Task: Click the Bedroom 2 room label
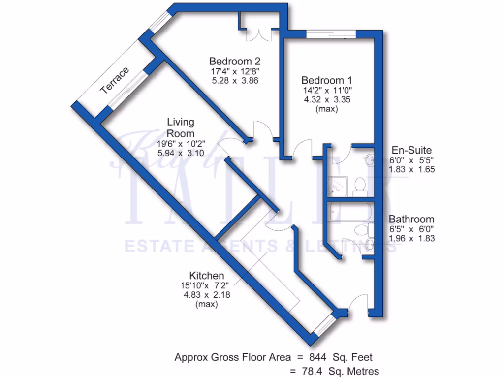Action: pos(234,62)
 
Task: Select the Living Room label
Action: pos(181,127)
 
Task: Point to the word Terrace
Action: pos(114,80)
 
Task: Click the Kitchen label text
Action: pos(207,276)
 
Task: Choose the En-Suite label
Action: pos(412,150)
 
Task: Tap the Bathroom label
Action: pos(411,220)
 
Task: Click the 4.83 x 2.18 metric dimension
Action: pos(207,295)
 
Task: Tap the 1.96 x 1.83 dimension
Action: pos(411,239)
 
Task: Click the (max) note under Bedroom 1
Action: pos(327,109)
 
